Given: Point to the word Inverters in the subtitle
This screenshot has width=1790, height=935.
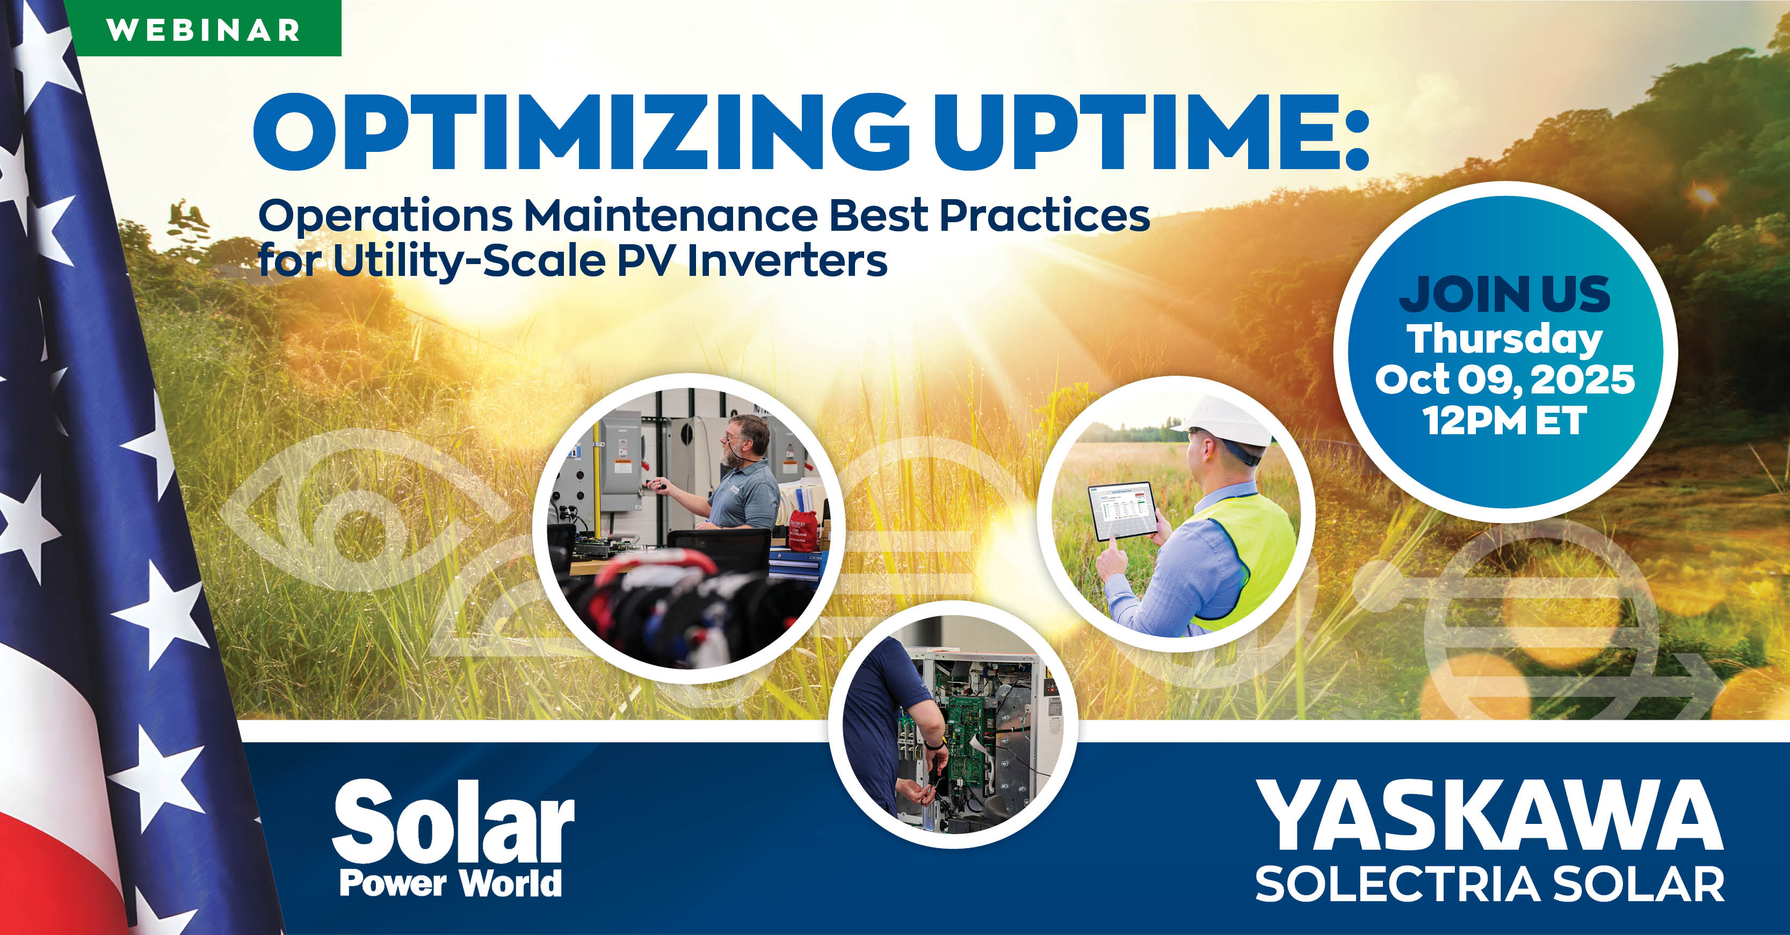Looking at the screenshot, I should point(787,261).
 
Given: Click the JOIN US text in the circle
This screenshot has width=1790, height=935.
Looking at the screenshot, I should point(1504,295).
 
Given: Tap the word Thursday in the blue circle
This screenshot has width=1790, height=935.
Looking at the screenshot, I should point(1504,339).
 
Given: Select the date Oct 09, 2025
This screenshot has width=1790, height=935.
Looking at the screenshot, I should point(1504,379).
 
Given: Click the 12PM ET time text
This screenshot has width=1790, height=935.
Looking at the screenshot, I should point(1504,420).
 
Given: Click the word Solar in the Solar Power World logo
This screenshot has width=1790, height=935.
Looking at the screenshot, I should point(453,822).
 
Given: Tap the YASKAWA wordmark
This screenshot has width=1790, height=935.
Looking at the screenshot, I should point(1490,816).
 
